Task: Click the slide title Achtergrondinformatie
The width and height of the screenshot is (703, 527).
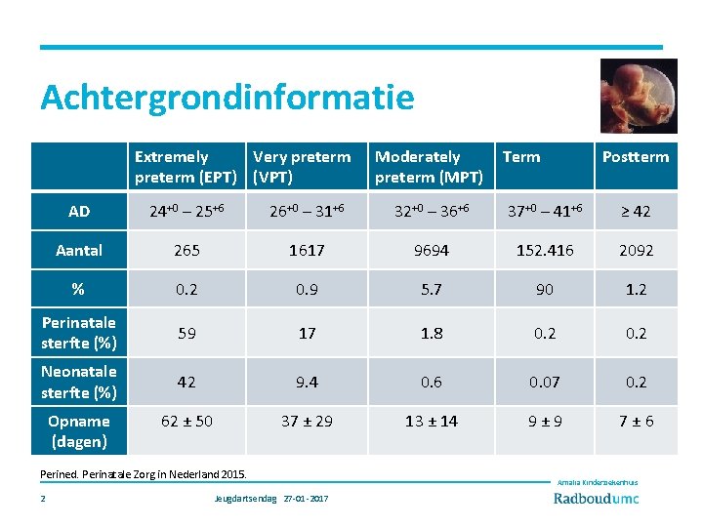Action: tap(227, 98)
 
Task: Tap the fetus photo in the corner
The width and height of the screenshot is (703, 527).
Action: tap(638, 96)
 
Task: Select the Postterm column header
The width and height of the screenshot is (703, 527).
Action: tap(636, 157)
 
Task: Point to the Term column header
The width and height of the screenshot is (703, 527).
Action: tap(521, 157)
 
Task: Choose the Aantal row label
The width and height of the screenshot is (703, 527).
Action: tap(79, 251)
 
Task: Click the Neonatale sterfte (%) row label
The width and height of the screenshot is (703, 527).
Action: tap(79, 382)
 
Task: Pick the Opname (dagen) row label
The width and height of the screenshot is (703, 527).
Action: tap(79, 431)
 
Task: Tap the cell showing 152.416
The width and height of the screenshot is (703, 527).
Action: tap(544, 251)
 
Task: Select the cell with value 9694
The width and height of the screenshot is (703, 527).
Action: tap(431, 251)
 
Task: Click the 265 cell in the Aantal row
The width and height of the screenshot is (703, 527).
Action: tap(186, 251)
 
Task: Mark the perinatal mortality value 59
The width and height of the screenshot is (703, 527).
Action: tap(186, 333)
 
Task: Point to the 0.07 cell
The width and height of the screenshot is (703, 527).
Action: tap(544, 382)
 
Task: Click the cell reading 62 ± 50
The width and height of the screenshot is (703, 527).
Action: tap(186, 422)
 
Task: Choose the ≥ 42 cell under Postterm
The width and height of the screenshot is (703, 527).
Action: tap(636, 212)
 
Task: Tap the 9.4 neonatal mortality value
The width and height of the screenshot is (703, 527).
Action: tap(308, 382)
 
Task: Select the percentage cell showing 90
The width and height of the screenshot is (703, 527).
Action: tap(544, 290)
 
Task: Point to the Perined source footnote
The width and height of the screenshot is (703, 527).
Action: tap(144, 474)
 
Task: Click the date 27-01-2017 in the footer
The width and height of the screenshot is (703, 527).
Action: tap(306, 499)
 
